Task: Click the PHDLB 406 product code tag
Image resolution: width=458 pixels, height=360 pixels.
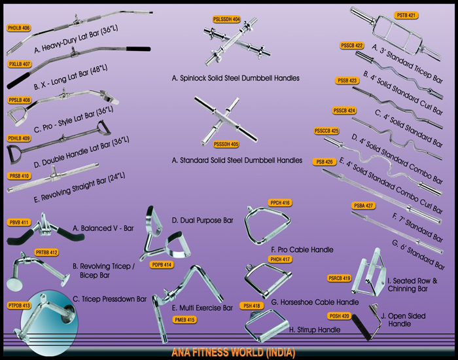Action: pos(19,28)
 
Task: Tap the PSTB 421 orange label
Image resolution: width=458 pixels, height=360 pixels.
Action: pos(406,15)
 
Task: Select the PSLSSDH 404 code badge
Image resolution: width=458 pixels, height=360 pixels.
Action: pos(226,19)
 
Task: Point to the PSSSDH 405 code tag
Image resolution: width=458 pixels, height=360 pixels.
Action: pos(226,144)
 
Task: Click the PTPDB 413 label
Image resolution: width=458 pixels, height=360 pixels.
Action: pos(19,306)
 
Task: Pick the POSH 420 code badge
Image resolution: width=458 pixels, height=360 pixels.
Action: pos(340,316)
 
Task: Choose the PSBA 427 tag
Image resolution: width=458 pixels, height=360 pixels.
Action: pos(363,206)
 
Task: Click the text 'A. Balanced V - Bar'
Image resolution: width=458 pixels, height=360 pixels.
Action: pos(103,228)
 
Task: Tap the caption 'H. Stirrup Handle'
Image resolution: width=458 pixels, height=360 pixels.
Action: pos(315,330)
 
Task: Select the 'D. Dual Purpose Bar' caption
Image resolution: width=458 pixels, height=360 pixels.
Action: pos(203,221)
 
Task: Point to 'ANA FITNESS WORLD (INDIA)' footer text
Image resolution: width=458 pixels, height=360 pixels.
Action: pos(233,352)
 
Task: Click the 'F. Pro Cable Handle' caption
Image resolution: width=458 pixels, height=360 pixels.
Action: pos(302,250)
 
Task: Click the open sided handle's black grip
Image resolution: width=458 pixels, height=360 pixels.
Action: pos(361,327)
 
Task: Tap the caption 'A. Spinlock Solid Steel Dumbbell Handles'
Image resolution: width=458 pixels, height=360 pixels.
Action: pos(236,79)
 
